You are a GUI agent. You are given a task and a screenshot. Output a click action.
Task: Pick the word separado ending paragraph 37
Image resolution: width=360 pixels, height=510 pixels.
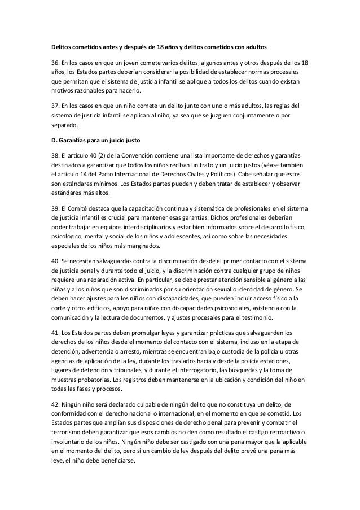(x=63, y=125)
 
